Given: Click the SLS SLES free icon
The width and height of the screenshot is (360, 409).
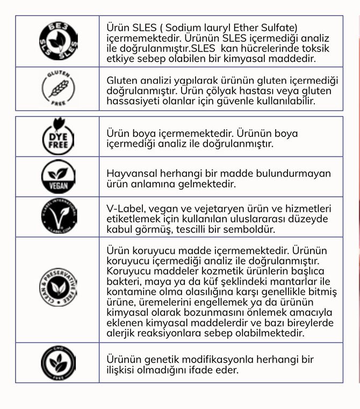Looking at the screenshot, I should [x=58, y=40].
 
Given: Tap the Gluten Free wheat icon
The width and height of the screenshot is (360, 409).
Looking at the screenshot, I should [x=58, y=88].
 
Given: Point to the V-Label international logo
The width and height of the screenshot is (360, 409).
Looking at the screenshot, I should [x=58, y=217].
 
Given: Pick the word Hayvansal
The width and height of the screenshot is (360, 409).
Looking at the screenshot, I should [x=131, y=173].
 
